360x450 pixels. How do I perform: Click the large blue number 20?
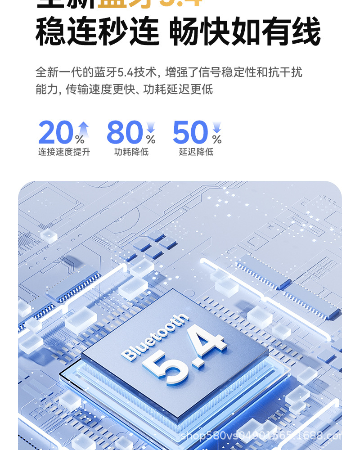tap(55, 133)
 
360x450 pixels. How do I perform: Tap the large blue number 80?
tap(125, 133)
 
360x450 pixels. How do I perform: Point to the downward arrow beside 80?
tap(151, 127)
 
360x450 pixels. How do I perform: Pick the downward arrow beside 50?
tap(217, 127)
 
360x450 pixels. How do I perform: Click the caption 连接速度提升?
tap(64, 152)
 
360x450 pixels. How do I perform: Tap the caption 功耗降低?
tap(131, 152)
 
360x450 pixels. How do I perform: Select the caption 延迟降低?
tap(196, 152)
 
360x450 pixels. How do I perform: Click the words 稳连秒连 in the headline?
tap(97, 31)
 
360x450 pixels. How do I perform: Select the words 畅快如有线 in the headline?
tap(245, 31)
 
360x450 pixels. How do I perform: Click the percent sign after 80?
tap(151, 139)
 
